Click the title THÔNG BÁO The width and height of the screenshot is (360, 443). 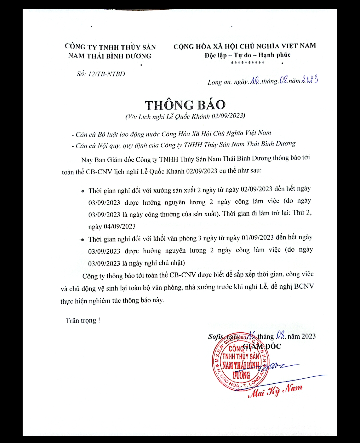click(x=185, y=105)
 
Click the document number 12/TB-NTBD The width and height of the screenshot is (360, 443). click(x=106, y=74)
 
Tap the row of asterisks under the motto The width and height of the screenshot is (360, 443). click(x=247, y=63)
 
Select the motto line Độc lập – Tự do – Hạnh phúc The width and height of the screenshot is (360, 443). click(x=247, y=55)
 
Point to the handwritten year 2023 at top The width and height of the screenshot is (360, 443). click(x=310, y=80)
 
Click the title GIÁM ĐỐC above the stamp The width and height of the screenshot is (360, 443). click(x=262, y=346)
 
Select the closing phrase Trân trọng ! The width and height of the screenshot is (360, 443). click(x=83, y=320)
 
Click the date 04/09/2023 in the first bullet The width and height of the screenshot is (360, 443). click(x=120, y=227)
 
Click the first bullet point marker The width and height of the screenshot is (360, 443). click(x=83, y=191)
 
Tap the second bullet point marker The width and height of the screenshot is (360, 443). click(x=83, y=240)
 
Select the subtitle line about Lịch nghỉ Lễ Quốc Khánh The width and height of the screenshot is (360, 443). click(x=185, y=116)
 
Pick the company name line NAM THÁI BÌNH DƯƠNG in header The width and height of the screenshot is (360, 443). click(x=110, y=56)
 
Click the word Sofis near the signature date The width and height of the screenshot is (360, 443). click(x=216, y=337)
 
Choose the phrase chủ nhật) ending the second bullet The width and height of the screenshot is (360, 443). click(x=171, y=263)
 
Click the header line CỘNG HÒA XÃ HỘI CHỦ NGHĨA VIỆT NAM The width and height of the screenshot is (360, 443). click(x=245, y=46)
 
